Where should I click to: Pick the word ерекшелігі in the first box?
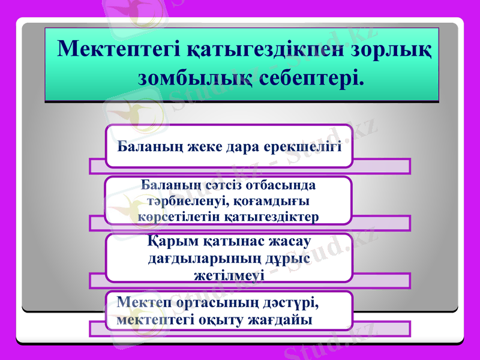(x=305, y=145)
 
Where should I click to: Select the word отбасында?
(x=278, y=186)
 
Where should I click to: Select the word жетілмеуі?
(x=228, y=275)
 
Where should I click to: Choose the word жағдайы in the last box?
(x=281, y=319)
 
